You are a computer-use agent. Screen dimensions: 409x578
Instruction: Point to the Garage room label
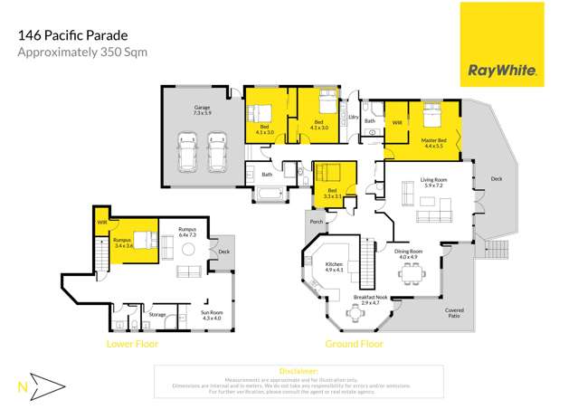click(201, 109)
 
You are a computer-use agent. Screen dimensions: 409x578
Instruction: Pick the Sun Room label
click(213, 316)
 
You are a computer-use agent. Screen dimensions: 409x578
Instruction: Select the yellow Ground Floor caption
click(355, 344)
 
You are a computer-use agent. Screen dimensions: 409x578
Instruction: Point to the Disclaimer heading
click(298, 371)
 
